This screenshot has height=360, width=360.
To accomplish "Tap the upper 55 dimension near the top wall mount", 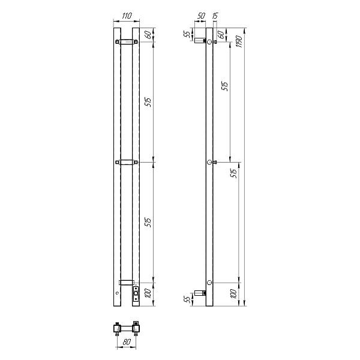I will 187,35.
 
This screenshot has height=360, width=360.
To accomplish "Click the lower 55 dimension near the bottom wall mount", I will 187,298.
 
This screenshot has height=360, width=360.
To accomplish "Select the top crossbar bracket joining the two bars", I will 127,42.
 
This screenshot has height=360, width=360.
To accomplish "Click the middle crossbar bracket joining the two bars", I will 127,162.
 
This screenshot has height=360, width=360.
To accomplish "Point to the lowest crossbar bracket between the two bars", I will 126,282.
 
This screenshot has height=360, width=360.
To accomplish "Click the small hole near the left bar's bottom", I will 116,293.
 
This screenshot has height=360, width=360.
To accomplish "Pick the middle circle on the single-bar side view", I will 209,163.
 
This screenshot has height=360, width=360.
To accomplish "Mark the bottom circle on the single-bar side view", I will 209,282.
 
